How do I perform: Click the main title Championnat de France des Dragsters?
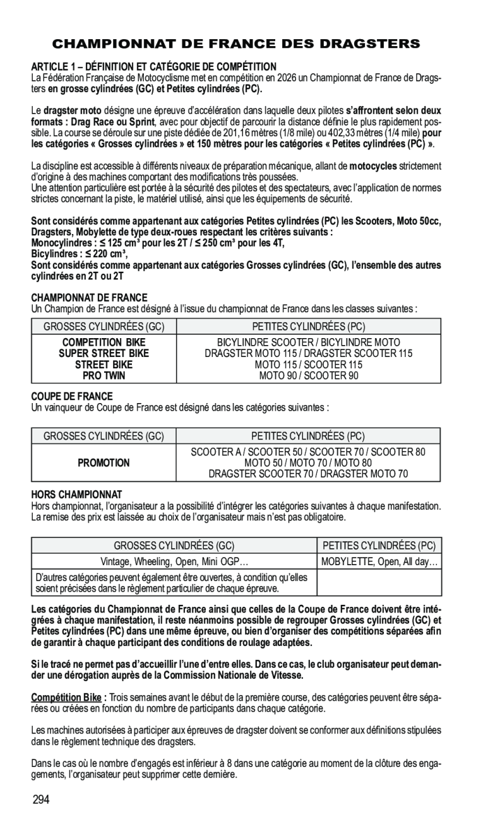click(235, 44)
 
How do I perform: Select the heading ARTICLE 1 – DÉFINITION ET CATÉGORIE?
click(154, 66)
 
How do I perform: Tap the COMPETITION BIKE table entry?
click(104, 342)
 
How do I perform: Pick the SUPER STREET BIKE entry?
click(104, 353)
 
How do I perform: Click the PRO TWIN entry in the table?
click(104, 376)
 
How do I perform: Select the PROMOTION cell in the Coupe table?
click(104, 463)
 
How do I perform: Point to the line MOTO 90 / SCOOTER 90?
click(308, 376)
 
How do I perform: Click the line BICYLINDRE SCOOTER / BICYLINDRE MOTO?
click(308, 342)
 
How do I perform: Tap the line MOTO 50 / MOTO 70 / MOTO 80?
click(308, 463)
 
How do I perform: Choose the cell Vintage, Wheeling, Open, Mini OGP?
click(174, 561)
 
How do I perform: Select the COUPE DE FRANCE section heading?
click(72, 397)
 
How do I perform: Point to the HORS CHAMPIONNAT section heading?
click(76, 494)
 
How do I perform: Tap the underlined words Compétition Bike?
click(66, 698)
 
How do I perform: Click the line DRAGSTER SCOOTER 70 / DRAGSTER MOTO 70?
click(308, 474)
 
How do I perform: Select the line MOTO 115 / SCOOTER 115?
click(308, 365)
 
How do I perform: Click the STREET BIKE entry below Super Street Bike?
click(104, 365)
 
